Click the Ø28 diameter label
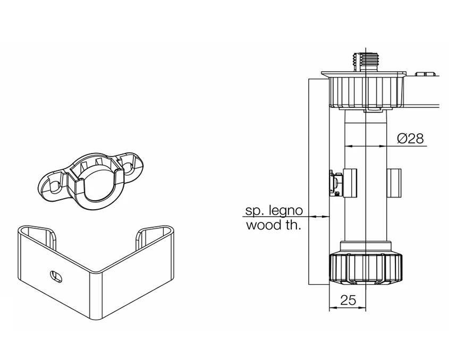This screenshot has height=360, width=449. click(x=411, y=139)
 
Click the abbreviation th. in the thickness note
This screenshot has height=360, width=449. click(x=293, y=225)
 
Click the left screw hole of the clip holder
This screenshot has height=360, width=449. click(x=53, y=186)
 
